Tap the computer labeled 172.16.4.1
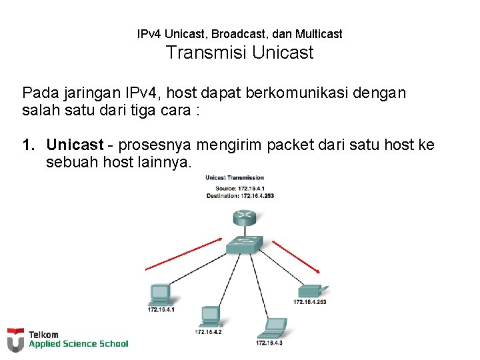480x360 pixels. (161, 294)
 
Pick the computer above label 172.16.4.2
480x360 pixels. (209, 315)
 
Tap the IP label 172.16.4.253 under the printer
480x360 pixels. (309, 302)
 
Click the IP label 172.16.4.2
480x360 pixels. (208, 331)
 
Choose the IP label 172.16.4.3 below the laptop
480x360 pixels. (269, 343)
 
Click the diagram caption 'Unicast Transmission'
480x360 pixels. (235, 177)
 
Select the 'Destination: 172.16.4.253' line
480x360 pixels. (240, 195)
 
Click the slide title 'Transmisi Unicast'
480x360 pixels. (239, 52)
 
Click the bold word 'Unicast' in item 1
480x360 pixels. (75, 145)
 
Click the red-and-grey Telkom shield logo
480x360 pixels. (15, 339)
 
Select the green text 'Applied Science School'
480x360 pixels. (78, 344)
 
